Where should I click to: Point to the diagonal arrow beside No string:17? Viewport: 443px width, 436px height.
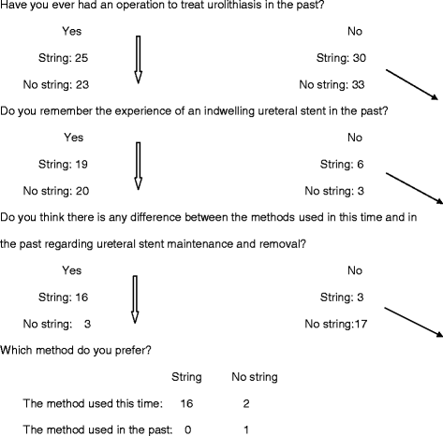(x=409, y=321)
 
